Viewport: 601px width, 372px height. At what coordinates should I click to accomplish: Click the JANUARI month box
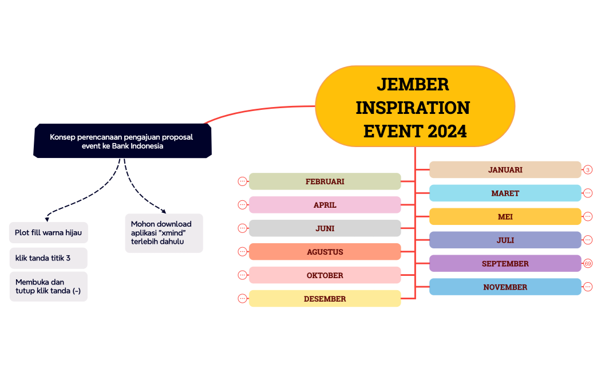coord(505,170)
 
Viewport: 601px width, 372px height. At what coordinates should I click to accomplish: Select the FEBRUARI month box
coord(325,181)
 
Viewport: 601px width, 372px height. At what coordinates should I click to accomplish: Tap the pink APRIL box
coord(325,205)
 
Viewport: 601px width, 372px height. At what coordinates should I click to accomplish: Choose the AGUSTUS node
coord(325,252)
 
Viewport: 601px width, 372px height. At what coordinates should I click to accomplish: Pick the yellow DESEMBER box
coord(325,298)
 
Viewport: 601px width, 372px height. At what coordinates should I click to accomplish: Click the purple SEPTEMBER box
coord(505,264)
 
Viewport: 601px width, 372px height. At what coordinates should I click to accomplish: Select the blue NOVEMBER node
coord(505,287)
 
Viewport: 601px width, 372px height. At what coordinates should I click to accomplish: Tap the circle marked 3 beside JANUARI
coord(588,170)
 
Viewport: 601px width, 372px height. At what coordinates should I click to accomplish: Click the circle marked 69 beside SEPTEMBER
coord(588,264)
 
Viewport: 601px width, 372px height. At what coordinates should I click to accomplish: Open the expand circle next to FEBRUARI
coord(242,181)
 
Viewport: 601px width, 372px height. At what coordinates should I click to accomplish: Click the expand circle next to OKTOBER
coord(242,275)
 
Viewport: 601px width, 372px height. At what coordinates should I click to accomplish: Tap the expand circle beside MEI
coord(588,216)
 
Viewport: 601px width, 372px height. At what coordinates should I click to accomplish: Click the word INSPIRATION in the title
coord(413,108)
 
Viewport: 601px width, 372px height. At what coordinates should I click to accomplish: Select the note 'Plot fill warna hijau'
coord(48,232)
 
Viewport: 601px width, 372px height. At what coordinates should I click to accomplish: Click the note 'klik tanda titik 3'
coord(48,258)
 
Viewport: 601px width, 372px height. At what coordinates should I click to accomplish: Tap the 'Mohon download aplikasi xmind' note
coord(164,233)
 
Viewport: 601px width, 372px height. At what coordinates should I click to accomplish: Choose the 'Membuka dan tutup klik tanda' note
coord(48,287)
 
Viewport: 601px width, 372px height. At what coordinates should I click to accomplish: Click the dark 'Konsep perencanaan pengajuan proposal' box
coord(122,141)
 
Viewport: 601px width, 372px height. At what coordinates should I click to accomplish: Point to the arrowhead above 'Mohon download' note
coord(164,211)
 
